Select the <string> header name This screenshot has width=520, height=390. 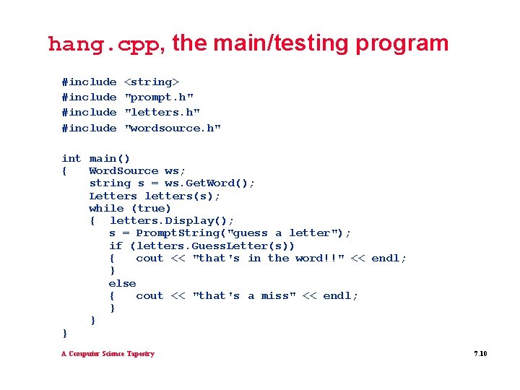pyautogui.click(x=152, y=82)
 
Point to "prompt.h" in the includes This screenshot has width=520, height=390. pyautogui.click(x=159, y=97)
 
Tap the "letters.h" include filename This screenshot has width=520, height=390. pyautogui.click(x=162, y=113)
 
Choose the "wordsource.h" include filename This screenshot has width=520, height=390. pyautogui.click(x=173, y=129)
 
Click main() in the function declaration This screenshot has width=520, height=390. pyautogui.click(x=110, y=159)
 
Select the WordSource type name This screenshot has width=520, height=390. pyautogui.click(x=123, y=171)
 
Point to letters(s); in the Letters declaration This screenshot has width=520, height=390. pyautogui.click(x=183, y=196)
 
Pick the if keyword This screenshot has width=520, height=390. pyautogui.click(x=116, y=246)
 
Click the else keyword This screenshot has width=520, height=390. pyautogui.click(x=122, y=283)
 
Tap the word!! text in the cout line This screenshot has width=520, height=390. pyautogui.click(x=319, y=259)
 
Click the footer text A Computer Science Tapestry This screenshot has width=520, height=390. pyautogui.click(x=108, y=354)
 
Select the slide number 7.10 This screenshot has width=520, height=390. pyautogui.click(x=480, y=354)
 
